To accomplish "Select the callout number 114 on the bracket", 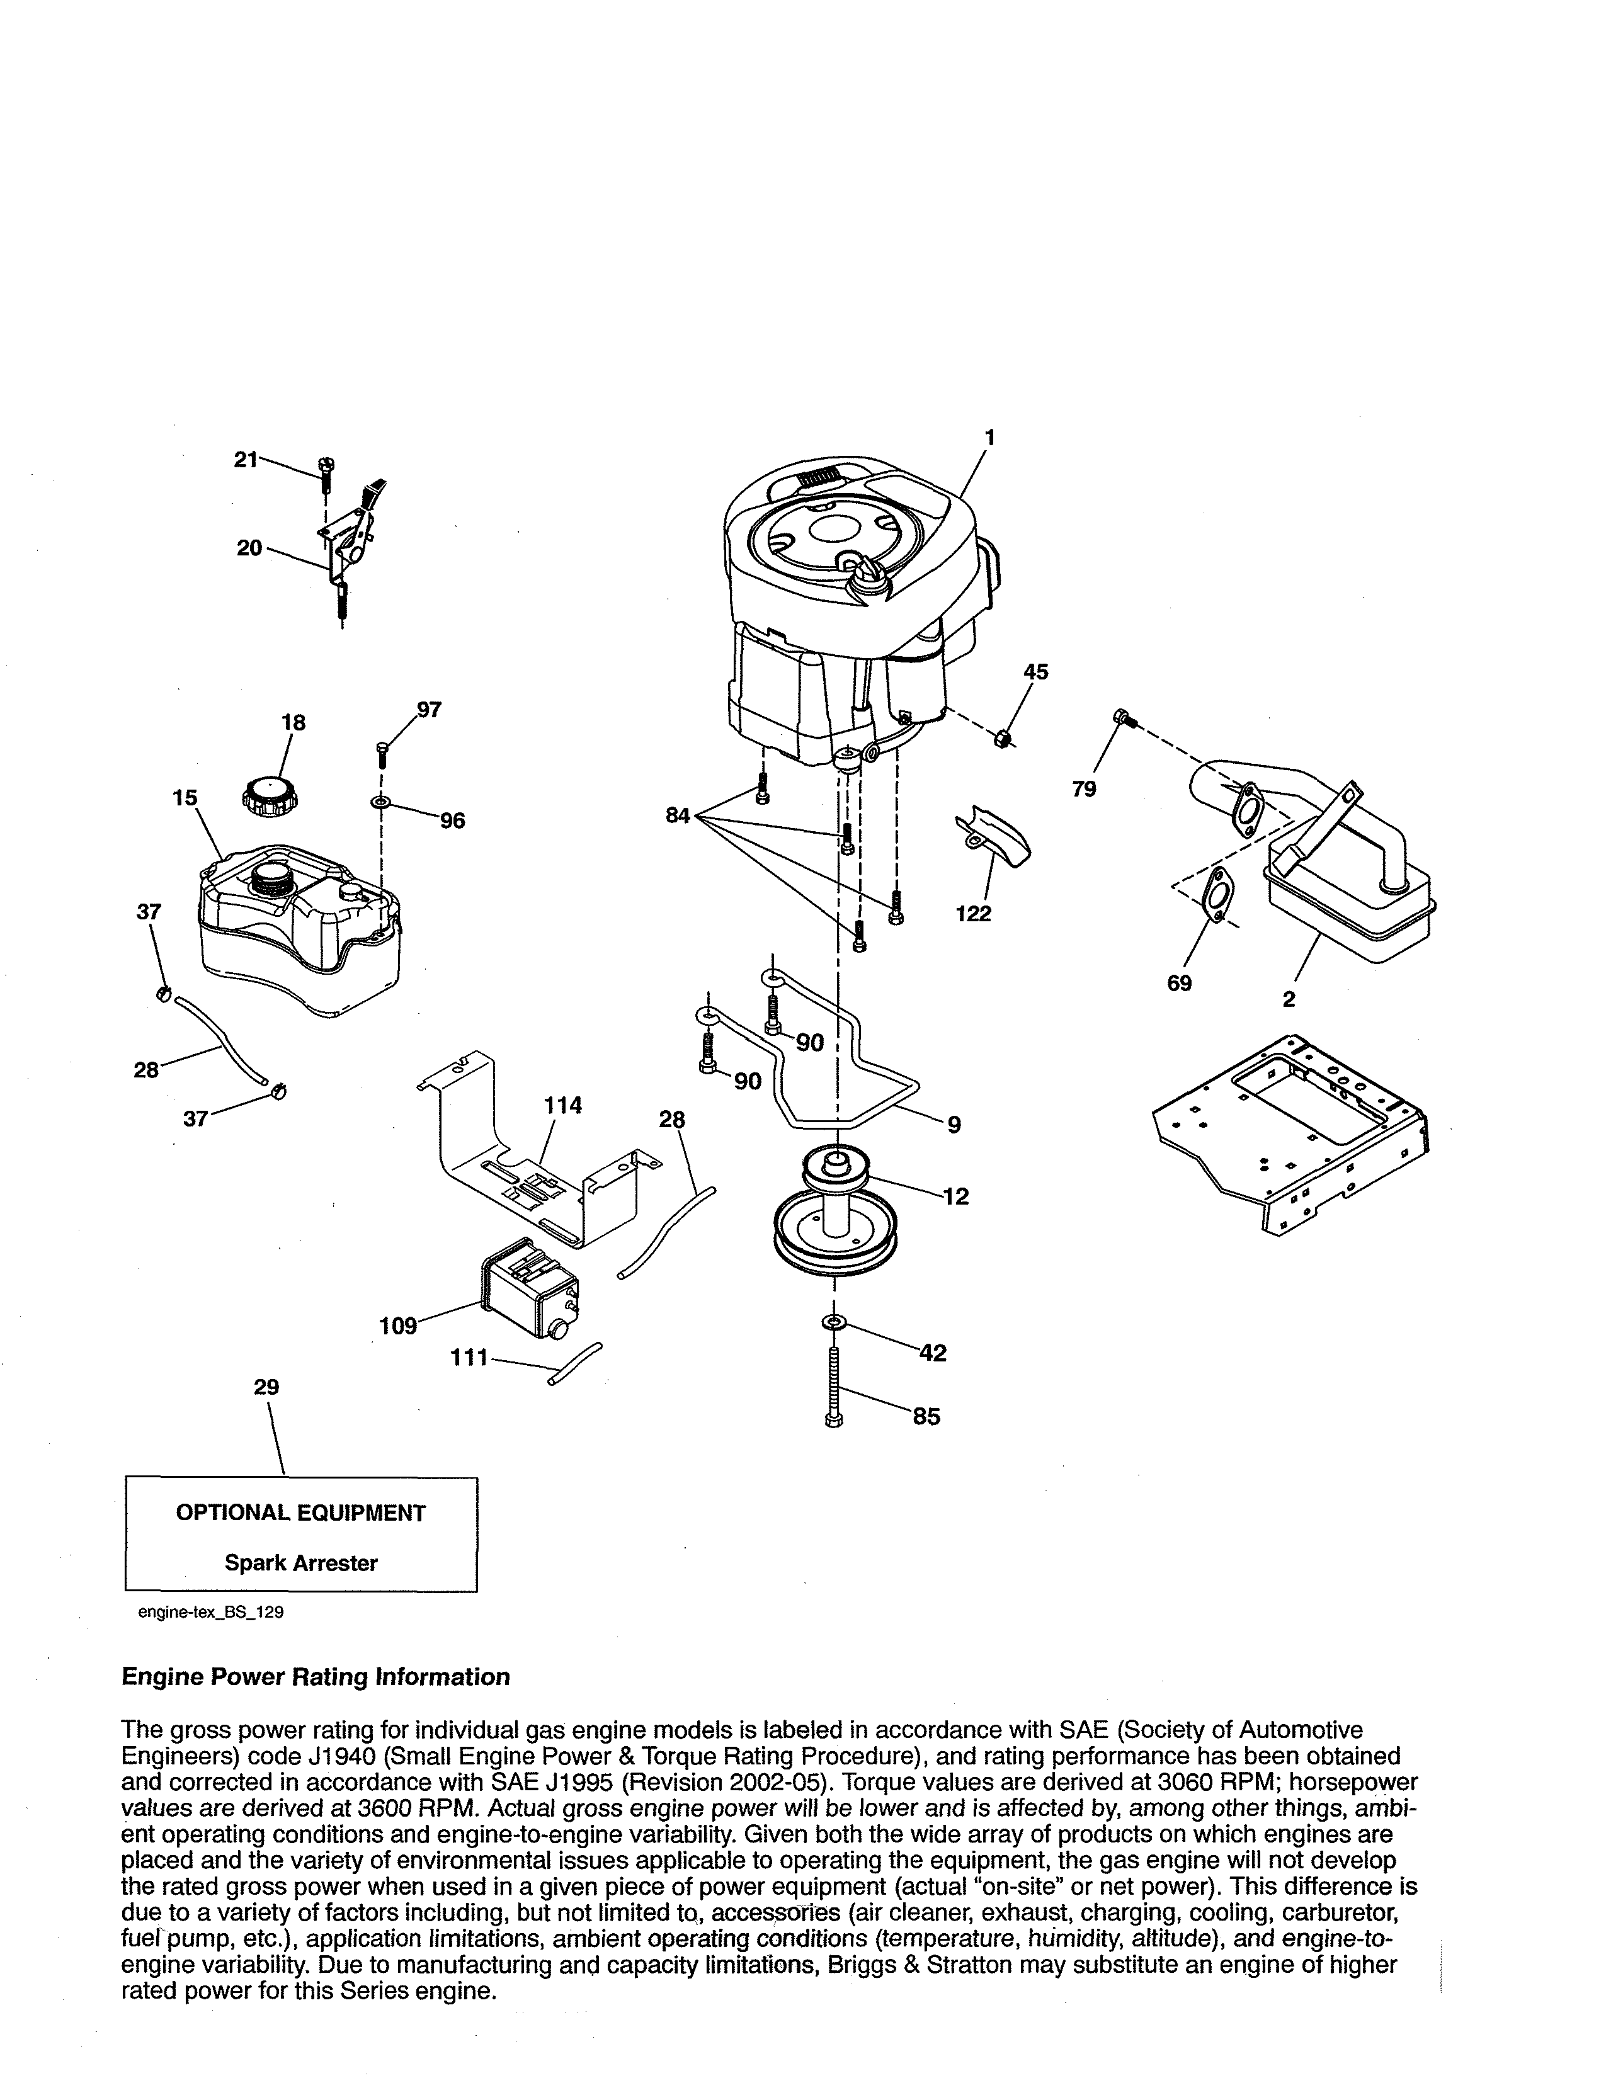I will (563, 1106).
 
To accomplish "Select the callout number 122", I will (973, 914).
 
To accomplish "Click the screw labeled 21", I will (326, 470).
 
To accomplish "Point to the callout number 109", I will (397, 1326).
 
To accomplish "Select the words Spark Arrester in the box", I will (300, 1564).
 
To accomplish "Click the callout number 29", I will (266, 1387).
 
